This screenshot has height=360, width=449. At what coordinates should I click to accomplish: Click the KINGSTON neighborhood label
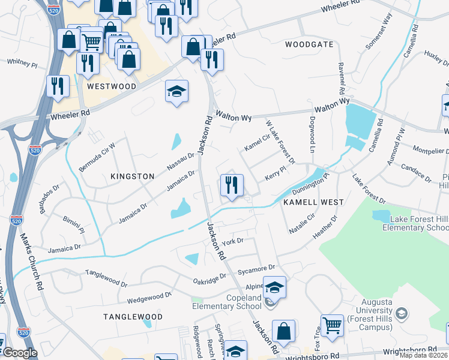click(133, 176)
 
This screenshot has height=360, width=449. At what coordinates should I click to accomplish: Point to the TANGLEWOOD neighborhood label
click(133, 316)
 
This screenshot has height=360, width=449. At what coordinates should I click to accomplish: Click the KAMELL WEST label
click(313, 203)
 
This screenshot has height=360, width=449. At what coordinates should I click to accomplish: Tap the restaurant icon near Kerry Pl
click(231, 185)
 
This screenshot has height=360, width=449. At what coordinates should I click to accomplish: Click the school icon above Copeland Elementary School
click(274, 288)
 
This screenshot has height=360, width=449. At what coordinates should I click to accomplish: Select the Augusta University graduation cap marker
click(402, 313)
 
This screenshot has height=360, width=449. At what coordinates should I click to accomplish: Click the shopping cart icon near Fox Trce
click(331, 326)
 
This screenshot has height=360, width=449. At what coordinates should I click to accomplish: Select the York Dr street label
click(232, 242)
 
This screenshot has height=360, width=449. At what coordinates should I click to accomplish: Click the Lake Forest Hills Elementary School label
click(419, 223)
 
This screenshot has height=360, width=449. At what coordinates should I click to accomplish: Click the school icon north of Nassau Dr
click(176, 91)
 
